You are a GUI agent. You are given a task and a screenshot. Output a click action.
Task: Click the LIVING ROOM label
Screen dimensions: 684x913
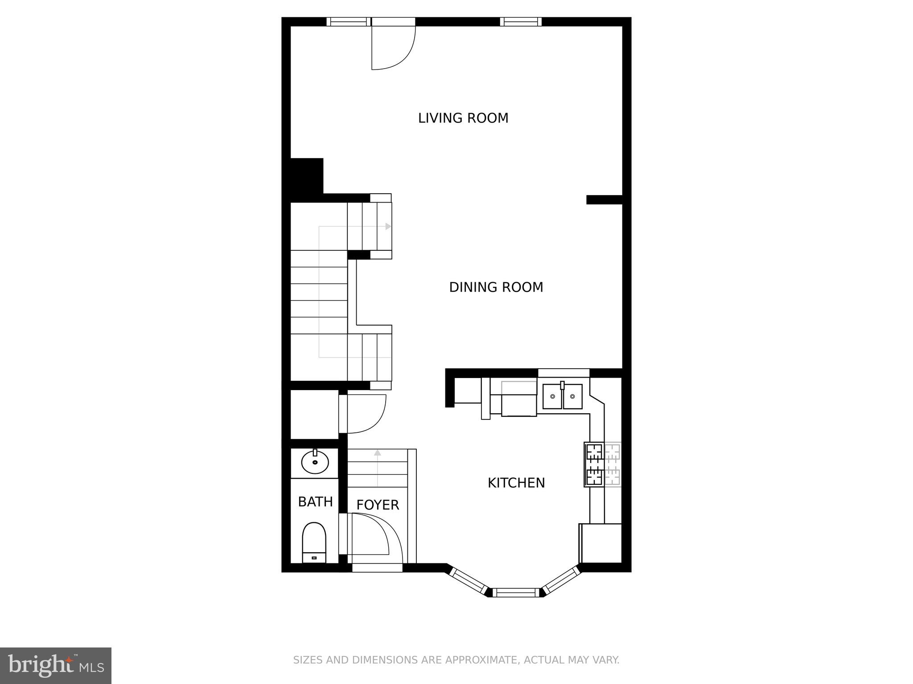tap(463, 118)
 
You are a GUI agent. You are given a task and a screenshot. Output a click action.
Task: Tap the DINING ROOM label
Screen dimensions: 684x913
tap(496, 287)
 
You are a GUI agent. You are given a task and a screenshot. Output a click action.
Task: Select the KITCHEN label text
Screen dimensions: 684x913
tap(516, 483)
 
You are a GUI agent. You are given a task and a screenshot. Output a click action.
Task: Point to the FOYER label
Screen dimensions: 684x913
tap(377, 505)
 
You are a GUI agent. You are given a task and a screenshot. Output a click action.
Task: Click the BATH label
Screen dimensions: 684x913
tap(315, 502)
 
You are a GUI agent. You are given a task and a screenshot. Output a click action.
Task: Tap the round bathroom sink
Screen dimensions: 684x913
tap(315, 462)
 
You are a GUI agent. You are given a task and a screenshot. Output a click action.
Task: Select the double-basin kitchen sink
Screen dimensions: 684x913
tap(562, 396)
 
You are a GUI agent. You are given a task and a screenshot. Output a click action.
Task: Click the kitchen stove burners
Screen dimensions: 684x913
tap(594, 464)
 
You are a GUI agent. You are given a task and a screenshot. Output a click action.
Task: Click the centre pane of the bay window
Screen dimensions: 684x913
tap(515, 592)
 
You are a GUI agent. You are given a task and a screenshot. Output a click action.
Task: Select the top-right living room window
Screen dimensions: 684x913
tap(520, 22)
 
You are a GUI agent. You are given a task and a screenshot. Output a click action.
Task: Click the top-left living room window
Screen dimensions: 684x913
tap(349, 22)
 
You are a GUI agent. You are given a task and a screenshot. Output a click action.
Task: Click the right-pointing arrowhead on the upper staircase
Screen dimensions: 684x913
tap(388, 226)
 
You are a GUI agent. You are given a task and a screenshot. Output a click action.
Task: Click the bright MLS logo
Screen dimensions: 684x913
tap(56, 665)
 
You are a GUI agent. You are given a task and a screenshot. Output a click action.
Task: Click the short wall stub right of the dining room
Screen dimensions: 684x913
tap(604, 199)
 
